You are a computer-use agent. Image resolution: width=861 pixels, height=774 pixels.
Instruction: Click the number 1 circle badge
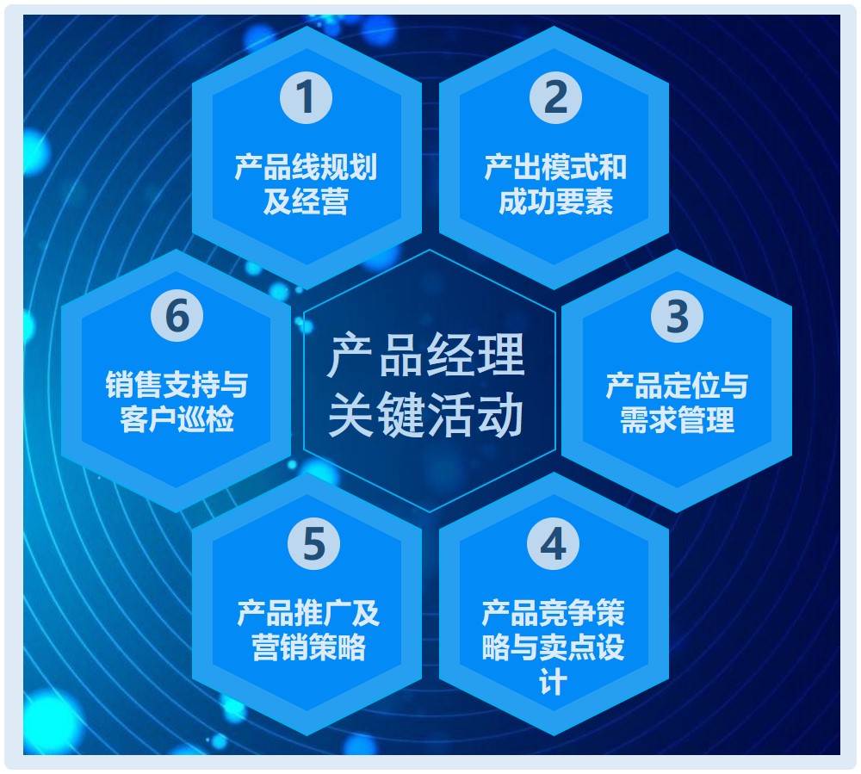point(306,97)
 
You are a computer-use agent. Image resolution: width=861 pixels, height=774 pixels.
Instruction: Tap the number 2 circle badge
point(555,97)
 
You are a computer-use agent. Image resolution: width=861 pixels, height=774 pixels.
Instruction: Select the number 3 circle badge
point(677,316)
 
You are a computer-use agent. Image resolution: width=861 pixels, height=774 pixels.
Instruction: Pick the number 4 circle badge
point(553,543)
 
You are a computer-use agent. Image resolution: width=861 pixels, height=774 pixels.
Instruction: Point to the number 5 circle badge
point(314,543)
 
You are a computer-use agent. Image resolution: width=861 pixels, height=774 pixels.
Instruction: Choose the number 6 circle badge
point(177,316)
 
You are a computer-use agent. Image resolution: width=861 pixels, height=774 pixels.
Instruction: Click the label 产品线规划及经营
point(306,184)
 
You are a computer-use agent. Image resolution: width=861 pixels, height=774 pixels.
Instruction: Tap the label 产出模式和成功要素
point(555,184)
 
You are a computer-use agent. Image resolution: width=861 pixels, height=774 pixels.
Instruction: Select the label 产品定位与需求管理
point(677,402)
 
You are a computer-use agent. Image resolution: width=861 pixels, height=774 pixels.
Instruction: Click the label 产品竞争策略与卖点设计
point(553,647)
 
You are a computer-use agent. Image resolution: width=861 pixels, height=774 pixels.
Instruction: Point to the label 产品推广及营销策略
point(308,629)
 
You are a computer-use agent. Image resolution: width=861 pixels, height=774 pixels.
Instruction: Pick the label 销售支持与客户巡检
point(177,402)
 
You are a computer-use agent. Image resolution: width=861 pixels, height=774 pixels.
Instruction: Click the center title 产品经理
point(426,356)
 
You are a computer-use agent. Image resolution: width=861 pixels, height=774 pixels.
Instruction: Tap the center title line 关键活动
point(426,415)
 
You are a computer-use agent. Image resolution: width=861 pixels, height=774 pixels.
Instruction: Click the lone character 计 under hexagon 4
point(553,683)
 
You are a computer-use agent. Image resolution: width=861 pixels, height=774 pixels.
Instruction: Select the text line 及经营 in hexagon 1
point(306,201)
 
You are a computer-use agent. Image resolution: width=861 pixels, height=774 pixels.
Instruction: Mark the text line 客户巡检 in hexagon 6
point(177,418)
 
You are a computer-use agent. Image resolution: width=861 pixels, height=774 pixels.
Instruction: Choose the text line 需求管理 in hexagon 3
point(677,420)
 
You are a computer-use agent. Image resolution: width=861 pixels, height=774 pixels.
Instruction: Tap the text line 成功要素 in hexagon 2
point(555,201)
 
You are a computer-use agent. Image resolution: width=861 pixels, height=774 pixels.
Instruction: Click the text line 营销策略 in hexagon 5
point(308,647)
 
